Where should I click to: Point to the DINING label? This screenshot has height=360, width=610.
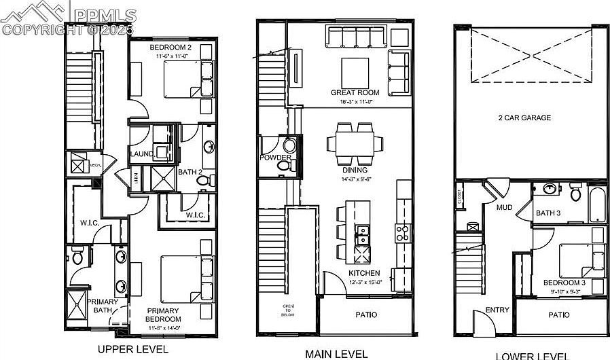point(355,170)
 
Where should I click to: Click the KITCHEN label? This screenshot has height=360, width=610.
point(364,273)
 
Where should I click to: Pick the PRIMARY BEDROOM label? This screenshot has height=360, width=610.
point(164,315)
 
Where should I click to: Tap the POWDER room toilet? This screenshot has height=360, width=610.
point(289,145)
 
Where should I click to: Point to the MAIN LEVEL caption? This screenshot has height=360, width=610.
point(336,353)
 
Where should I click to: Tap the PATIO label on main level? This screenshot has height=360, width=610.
point(366,315)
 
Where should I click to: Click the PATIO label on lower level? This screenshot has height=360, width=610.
point(558,315)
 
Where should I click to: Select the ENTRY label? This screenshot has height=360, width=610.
point(497,310)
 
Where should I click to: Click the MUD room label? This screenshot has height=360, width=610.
point(504,207)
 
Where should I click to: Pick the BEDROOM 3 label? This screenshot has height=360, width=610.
point(564,283)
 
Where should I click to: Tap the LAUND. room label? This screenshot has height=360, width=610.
point(142,154)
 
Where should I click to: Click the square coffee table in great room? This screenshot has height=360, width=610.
point(355,71)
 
